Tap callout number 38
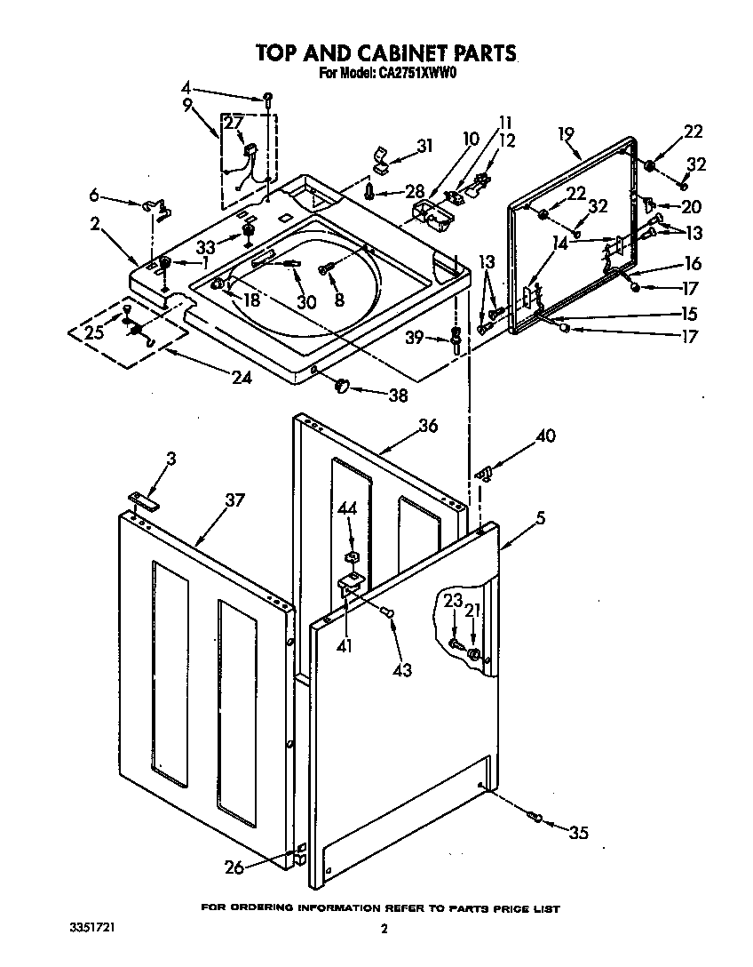[x=398, y=395]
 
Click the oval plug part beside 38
[x=344, y=385]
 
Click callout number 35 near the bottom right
[x=578, y=833]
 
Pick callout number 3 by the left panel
[x=170, y=459]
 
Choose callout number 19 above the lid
[x=566, y=135]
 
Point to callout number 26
[x=234, y=867]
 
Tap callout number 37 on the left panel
[x=234, y=500]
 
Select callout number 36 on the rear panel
[x=428, y=426]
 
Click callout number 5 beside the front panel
[x=540, y=517]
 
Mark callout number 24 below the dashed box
[x=242, y=377]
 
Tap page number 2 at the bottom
[x=384, y=930]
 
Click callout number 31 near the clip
[x=424, y=146]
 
